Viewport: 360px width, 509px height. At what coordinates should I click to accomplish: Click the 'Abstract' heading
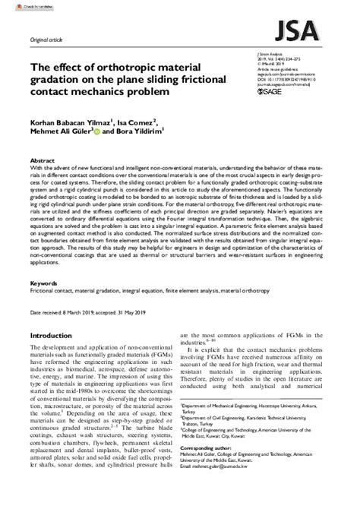(x=42, y=161)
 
